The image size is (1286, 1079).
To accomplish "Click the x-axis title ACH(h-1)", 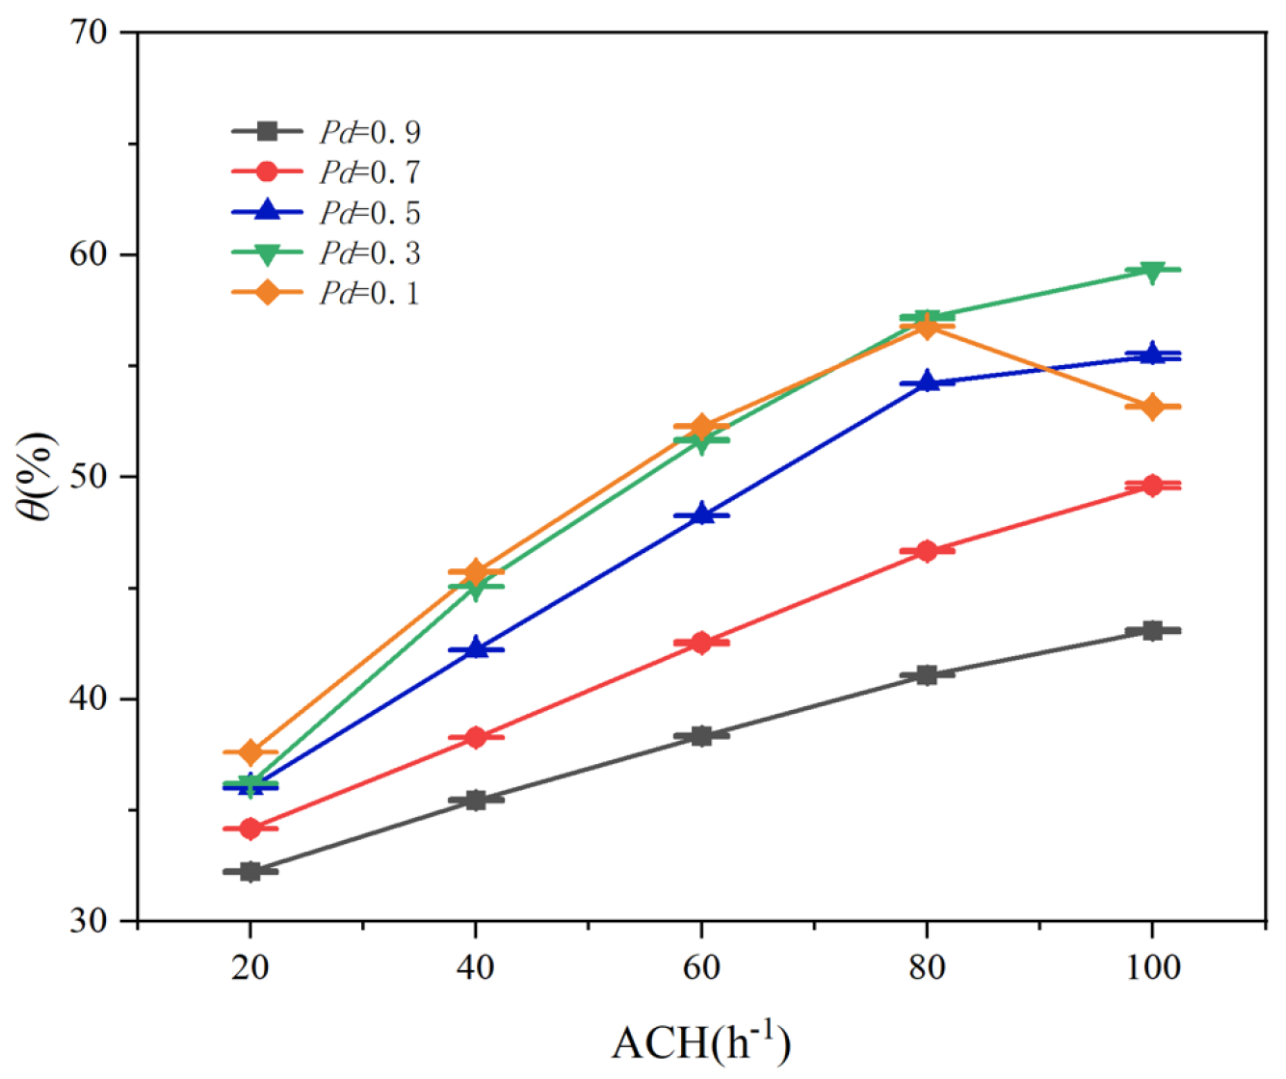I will coord(700,1042).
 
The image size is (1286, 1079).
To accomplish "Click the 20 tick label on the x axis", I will coord(250,966).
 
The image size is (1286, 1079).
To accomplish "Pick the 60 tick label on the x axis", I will coord(701,966).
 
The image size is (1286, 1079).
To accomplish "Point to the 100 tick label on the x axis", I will coord(1152,966).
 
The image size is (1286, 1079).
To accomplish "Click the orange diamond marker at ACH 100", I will coord(1152,407).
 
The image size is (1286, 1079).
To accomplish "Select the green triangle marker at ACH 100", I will coord(1152,271).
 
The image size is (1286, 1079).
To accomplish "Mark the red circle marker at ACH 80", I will coord(927,551).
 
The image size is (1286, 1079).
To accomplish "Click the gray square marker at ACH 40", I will coord(476,800).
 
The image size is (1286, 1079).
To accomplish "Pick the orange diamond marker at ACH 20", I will coord(250,751).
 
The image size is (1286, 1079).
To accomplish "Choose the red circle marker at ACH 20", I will coord(250,829).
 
